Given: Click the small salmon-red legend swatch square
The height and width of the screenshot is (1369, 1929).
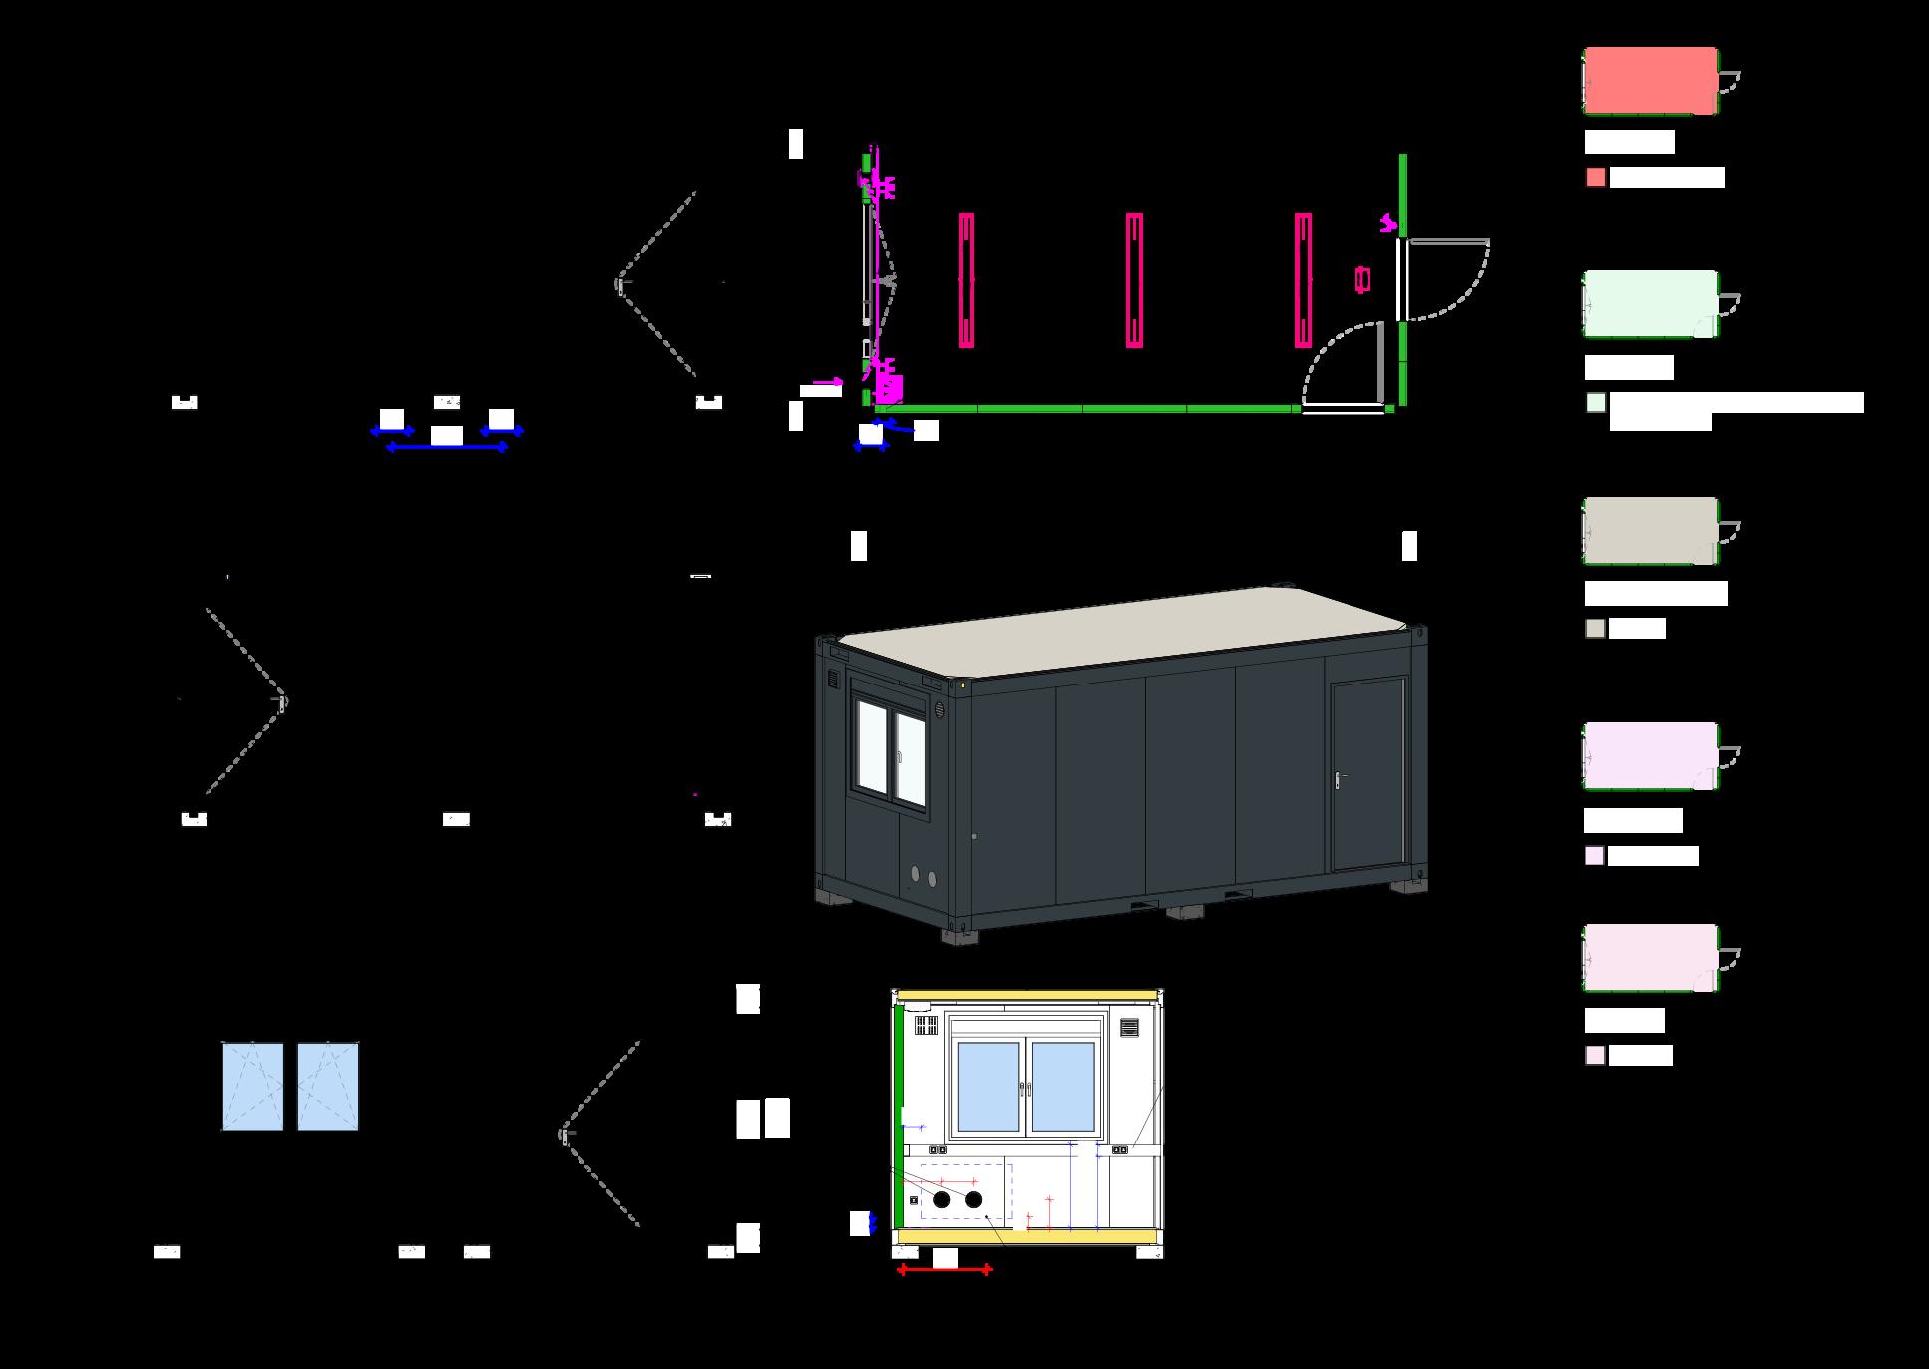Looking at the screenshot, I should (1596, 178).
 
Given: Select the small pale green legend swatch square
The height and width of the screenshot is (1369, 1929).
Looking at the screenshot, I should (1596, 403).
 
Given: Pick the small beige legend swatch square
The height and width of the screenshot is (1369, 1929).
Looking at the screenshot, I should (1596, 629).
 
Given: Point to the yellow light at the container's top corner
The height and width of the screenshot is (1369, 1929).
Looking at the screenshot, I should (963, 684).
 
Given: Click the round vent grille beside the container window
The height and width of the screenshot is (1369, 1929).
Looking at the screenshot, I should (940, 710).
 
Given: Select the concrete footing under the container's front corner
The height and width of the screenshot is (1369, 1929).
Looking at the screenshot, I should (960, 935).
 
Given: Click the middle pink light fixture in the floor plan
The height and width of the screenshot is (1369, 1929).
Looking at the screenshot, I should (1134, 279).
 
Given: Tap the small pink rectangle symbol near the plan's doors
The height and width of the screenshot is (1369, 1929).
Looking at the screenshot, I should (1362, 280).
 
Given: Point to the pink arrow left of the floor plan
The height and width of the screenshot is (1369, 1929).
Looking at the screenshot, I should (828, 382).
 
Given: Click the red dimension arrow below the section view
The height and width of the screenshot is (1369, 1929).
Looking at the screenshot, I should (945, 1270).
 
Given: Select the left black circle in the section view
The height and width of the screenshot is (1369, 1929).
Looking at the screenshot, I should (941, 1200).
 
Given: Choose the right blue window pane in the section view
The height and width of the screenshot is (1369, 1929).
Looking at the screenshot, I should (1063, 1087).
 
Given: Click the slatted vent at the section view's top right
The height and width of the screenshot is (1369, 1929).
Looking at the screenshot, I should (1130, 1027).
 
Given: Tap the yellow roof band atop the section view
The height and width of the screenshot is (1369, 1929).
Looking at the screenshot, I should (1027, 995).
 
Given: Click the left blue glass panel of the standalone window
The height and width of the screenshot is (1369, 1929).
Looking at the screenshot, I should (252, 1087).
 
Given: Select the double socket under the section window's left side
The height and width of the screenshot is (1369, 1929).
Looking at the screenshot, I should (937, 1149).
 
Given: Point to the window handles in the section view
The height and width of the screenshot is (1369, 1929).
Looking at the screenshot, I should (1026, 1088).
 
